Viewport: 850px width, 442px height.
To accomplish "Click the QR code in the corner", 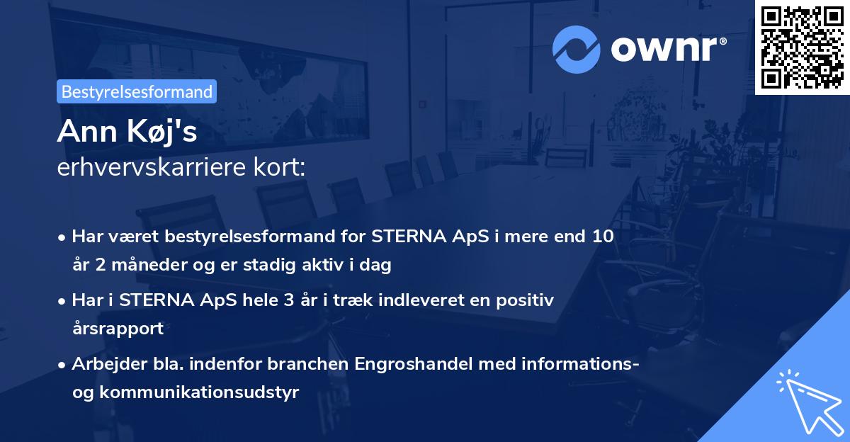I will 802,47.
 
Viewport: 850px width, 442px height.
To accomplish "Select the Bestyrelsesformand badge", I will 137,91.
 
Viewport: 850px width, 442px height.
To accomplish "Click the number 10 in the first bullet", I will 603,237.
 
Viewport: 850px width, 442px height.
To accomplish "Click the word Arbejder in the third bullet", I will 103,364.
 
